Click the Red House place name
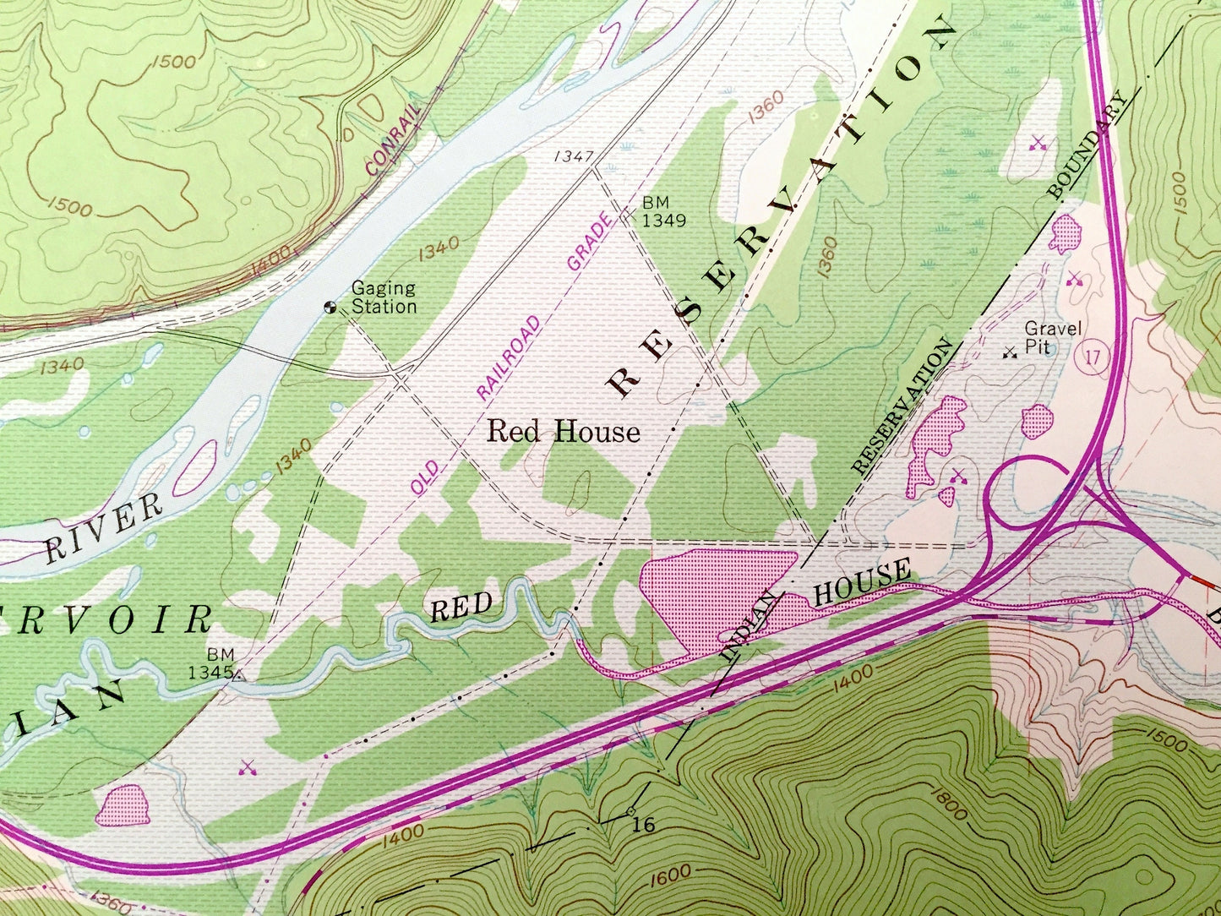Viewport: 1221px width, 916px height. pos(564,432)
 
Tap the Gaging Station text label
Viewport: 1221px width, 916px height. pos(384,297)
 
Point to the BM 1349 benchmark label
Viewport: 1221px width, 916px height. pos(662,212)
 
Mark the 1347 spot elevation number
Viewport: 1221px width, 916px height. pos(575,156)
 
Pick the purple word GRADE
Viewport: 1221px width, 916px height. pos(589,243)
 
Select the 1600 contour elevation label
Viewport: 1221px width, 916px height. pos(672,874)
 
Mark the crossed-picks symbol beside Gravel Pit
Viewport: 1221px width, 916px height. pos(1007,354)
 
